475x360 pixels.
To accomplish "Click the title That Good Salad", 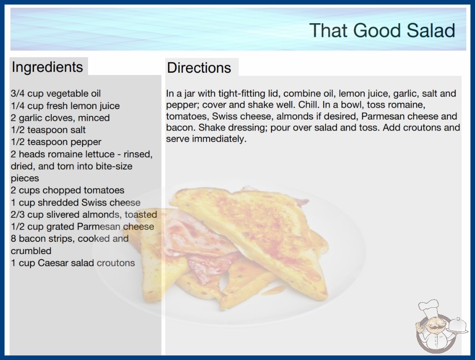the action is click(x=382, y=30).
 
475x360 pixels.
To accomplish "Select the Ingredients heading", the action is click(x=47, y=67).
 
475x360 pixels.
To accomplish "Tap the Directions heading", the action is click(x=199, y=68).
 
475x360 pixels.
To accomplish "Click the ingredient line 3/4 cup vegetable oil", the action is click(x=56, y=94).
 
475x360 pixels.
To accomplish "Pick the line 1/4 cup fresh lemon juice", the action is click(x=65, y=106).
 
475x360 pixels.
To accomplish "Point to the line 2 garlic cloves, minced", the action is click(x=60, y=118).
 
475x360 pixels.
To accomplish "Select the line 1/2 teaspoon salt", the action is click(x=48, y=130).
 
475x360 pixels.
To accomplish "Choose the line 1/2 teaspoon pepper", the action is click(x=56, y=142).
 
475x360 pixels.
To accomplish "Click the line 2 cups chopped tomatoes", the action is click(x=68, y=190).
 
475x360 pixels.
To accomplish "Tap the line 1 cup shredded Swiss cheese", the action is click(x=76, y=202).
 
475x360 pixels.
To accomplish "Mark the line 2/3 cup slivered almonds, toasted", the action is click(x=84, y=215).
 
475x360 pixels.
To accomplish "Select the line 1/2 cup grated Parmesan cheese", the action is click(x=82, y=226).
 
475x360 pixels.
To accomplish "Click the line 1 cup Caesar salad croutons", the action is click(x=73, y=263).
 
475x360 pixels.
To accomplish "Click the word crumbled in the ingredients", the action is click(x=31, y=251).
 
